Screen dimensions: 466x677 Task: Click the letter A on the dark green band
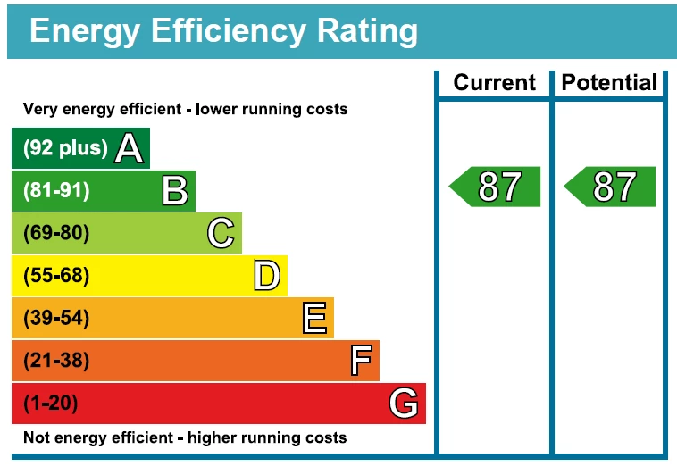[129, 148]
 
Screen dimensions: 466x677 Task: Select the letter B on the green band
[174, 191]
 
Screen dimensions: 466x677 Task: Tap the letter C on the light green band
[221, 234]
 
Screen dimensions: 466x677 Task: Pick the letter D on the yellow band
[266, 276]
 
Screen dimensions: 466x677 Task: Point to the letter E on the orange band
[313, 319]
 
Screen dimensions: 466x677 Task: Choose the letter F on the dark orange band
[360, 362]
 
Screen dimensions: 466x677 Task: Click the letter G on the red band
[404, 404]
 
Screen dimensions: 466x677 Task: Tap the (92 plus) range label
[64, 148]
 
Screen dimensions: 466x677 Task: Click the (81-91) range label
[56, 191]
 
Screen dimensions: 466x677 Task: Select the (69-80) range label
[56, 234]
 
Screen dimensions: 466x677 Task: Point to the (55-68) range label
[56, 276]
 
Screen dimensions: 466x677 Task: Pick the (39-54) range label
[56, 319]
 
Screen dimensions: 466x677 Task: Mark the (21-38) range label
[56, 362]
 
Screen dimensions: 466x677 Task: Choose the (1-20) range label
[50, 404]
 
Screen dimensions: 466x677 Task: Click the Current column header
[494, 83]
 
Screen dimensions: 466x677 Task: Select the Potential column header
[609, 83]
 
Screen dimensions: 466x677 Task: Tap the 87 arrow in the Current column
[496, 187]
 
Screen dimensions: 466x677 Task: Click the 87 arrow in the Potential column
[611, 187]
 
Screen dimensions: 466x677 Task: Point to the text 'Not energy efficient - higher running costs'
[184, 438]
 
